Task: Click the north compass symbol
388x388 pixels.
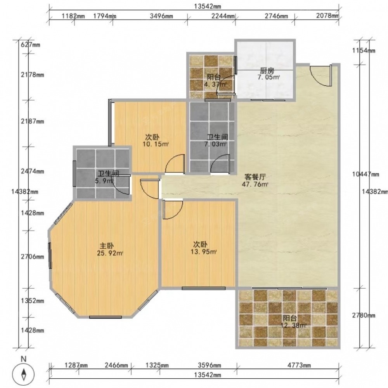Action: coord(24,375)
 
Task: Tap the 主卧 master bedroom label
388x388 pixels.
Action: coord(107,246)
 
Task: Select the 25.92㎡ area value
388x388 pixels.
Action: coord(110,253)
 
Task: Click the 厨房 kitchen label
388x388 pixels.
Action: coord(267,71)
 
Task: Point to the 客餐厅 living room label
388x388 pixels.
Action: coord(255,177)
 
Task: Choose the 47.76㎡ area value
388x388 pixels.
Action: coord(255,184)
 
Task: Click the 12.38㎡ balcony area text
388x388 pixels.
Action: coord(293,325)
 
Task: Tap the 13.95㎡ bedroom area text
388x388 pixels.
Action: coord(204,252)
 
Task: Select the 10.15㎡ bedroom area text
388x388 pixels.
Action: coord(156,144)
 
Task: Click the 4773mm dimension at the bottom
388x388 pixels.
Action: coord(299,365)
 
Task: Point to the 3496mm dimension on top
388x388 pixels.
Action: coord(161,16)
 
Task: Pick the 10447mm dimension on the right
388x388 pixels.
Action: coord(365,174)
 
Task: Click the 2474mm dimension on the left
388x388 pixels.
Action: coord(33,171)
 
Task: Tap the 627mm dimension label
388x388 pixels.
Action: coord(30,45)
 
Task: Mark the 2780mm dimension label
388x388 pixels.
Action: coord(364,315)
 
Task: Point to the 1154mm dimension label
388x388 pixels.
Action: coord(364,50)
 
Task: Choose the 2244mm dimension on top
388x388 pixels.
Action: coord(223,16)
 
